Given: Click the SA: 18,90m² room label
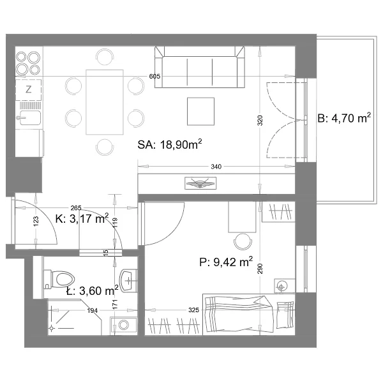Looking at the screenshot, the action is click(170, 144).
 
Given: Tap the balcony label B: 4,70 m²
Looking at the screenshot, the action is click(344, 118).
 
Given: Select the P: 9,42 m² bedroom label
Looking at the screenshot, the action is click(226, 262).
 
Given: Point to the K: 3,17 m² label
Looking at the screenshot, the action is click(82, 218).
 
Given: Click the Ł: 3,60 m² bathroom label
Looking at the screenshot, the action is click(93, 290).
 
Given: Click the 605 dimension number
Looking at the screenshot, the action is click(154, 76).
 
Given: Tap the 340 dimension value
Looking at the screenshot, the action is click(216, 167).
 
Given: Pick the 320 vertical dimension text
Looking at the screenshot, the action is click(260, 121).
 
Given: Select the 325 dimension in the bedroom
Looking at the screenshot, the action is click(193, 310).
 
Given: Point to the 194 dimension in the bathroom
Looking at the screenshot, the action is click(93, 310).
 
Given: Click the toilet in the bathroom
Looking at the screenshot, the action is click(59, 279).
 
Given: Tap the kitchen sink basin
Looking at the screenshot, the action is click(30, 117).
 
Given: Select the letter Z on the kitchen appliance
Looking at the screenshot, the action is click(29, 89).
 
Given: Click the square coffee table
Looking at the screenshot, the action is click(201, 111).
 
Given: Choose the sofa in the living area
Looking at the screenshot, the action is click(200, 67).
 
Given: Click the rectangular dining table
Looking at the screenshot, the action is click(105, 102).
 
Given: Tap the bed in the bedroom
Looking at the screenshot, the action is click(249, 314).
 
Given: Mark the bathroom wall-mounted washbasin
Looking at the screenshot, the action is click(128, 280).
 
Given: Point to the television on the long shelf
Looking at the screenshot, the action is click(200, 183).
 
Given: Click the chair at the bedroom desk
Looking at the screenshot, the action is click(243, 241).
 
